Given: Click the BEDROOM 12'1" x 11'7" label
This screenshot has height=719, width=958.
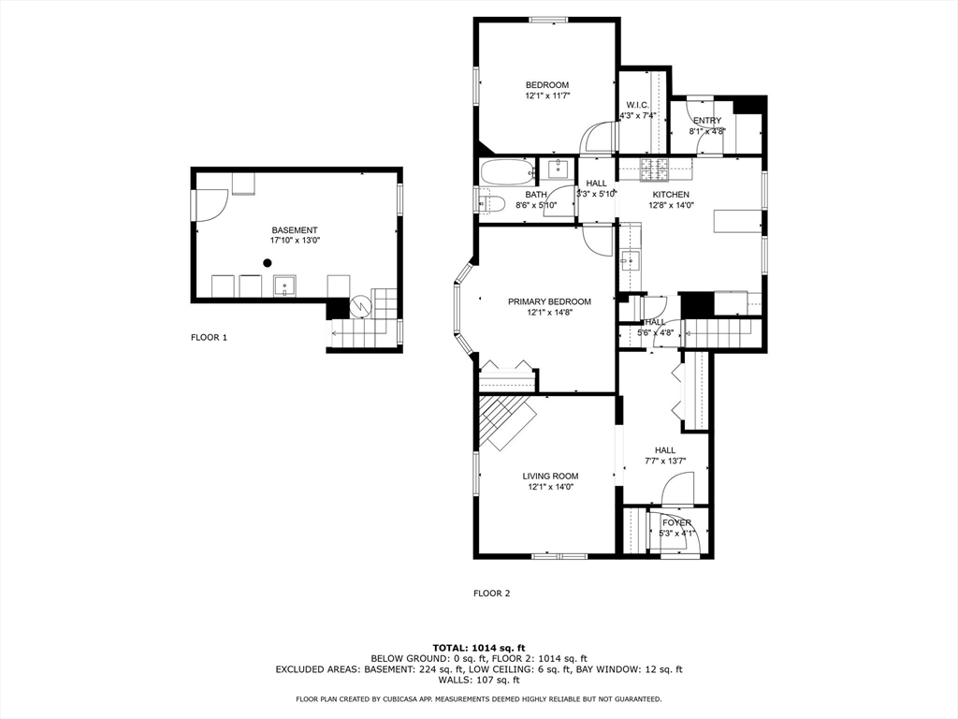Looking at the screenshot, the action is [547, 91].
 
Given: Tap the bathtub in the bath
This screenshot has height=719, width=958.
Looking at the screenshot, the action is [506, 172].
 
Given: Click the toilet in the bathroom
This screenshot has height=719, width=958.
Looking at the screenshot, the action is [490, 203].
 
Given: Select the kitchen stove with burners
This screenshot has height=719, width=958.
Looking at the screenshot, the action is [655, 169].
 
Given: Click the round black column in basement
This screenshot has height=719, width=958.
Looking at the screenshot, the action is [267, 263].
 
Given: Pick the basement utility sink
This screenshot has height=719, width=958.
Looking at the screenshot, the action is [284, 286].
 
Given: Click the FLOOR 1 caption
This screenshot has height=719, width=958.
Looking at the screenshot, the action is [209, 337].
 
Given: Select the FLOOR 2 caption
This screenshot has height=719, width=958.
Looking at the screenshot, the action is [491, 593].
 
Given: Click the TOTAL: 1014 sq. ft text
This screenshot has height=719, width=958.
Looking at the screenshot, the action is [479, 648].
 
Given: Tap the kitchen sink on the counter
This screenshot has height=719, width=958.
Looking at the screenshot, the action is [630, 262].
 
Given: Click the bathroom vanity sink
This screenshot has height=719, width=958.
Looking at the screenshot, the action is [559, 169].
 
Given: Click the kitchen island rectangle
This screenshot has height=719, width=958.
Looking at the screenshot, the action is [737, 221].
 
